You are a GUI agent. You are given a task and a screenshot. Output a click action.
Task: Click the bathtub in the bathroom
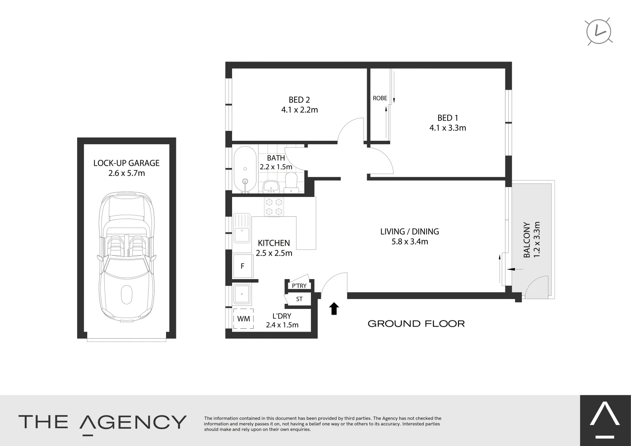(x=245, y=169)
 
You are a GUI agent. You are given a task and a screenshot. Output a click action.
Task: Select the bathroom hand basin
(x=271, y=187)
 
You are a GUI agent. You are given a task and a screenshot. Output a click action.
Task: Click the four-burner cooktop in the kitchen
(x=274, y=207)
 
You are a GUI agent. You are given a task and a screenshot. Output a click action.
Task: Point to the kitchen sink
(x=242, y=228)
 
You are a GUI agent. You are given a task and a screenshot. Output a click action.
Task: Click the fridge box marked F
(x=242, y=266)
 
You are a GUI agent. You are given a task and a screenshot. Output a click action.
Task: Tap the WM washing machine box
(x=243, y=319)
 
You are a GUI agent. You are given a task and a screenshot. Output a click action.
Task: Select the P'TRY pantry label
(x=299, y=286)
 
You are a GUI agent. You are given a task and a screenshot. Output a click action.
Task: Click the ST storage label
(x=299, y=299)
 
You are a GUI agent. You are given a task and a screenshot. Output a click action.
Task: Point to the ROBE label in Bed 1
(x=380, y=98)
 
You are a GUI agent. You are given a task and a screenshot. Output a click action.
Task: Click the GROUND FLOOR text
(x=416, y=324)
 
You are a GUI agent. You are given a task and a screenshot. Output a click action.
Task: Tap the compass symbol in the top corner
(x=599, y=31)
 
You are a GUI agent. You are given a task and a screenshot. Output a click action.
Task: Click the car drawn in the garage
(x=126, y=256)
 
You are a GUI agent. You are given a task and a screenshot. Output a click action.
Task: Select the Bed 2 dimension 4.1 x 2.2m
(x=299, y=110)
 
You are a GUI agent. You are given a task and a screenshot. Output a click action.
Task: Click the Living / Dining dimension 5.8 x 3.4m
(x=410, y=242)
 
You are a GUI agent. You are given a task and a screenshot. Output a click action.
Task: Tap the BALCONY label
(x=527, y=240)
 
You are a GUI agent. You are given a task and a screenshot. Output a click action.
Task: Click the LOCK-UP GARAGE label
(x=126, y=163)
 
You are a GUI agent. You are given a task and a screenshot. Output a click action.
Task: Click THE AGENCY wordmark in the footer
(x=102, y=422)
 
